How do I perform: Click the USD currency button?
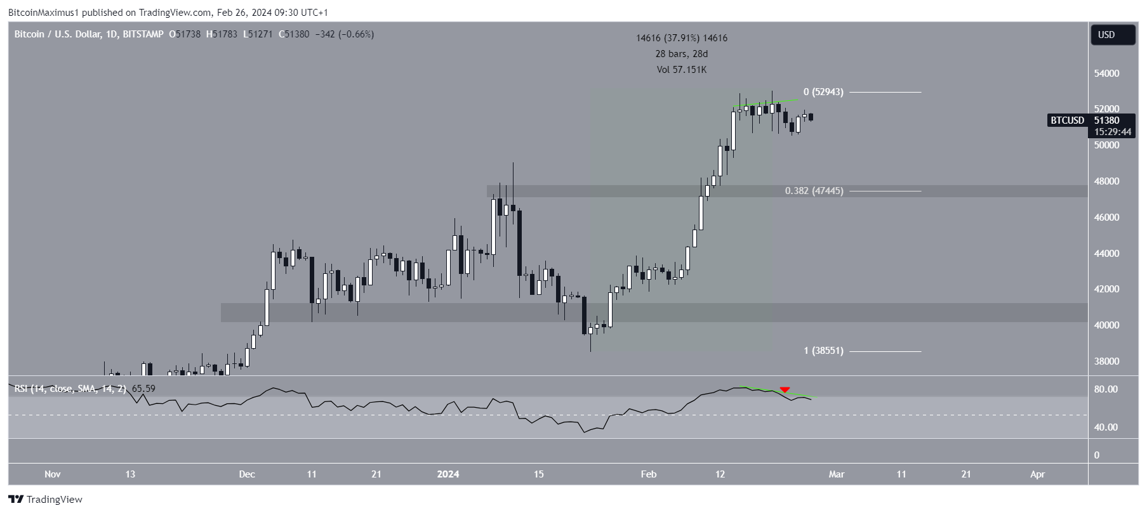coord(1112,35)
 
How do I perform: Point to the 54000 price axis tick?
coord(1106,74)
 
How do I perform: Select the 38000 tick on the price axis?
coord(1106,361)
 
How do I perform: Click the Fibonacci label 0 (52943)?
coord(823,92)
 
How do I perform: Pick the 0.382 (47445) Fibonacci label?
coord(814,191)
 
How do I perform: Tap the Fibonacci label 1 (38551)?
coord(823,351)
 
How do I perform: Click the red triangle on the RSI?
coord(785,389)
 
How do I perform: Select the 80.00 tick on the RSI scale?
coord(1106,389)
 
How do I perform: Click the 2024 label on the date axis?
coord(448,474)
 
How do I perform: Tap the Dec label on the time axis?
coord(247,474)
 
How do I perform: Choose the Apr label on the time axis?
coord(1037,474)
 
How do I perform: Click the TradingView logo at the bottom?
coord(46,500)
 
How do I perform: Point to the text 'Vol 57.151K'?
coord(681,70)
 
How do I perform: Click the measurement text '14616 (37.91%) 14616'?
coord(681,38)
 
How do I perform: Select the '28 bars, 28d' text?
coord(681,54)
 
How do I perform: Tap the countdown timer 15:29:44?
coord(1112,132)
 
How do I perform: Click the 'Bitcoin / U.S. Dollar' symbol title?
coord(57,34)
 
